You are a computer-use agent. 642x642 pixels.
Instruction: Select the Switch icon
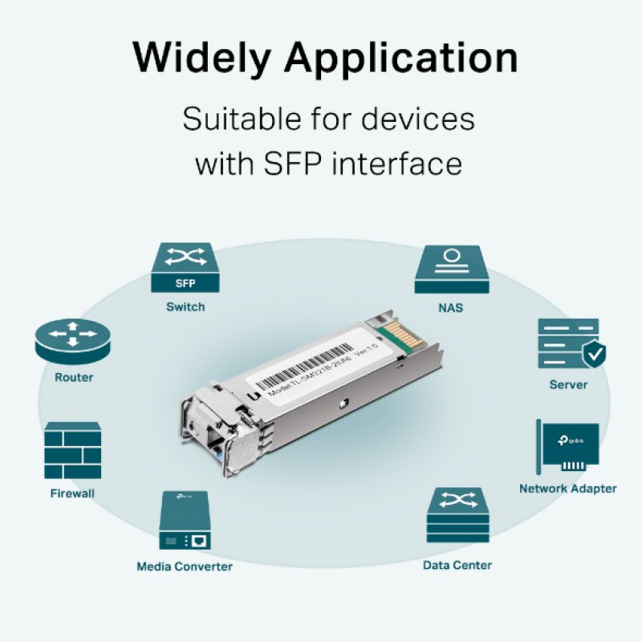pyautogui.click(x=185, y=268)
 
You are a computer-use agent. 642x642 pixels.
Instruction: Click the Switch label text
pyautogui.click(x=185, y=307)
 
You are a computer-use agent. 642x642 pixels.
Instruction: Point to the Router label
pyautogui.click(x=74, y=377)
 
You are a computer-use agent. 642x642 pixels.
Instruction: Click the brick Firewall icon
pyautogui.click(x=73, y=451)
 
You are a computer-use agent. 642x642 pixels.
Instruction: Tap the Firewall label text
pyautogui.click(x=72, y=494)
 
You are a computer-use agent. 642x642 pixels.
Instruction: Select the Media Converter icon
pyautogui.click(x=184, y=522)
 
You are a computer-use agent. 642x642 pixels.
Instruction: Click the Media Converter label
pyautogui.click(x=184, y=567)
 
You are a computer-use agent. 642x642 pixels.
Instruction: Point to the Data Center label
pyautogui.click(x=457, y=565)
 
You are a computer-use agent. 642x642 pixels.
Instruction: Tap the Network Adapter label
pyautogui.click(x=567, y=488)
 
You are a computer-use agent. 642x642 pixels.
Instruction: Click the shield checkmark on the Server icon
pyautogui.click(x=593, y=352)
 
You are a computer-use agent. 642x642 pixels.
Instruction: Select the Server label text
pyautogui.click(x=568, y=384)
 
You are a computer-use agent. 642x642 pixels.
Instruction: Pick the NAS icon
pyautogui.click(x=452, y=269)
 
